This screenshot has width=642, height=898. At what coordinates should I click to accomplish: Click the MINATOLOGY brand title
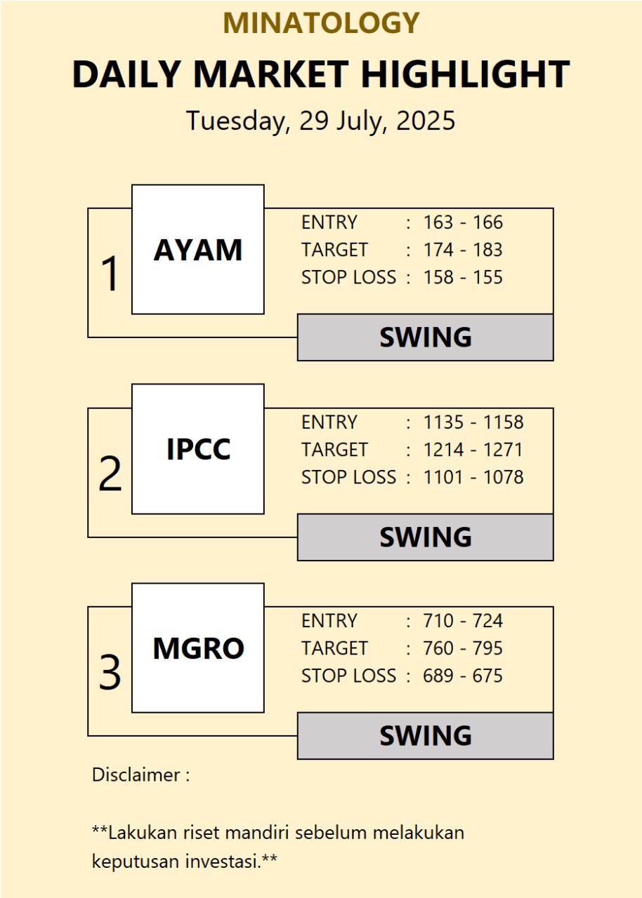pyautogui.click(x=321, y=23)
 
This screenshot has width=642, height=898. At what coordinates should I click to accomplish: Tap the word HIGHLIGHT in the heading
pyautogui.click(x=466, y=74)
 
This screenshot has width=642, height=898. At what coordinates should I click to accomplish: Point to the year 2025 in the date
pyautogui.click(x=426, y=120)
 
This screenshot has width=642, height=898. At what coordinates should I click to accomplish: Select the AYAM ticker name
pyautogui.click(x=198, y=250)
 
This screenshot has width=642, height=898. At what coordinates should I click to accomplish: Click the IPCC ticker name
pyautogui.click(x=199, y=449)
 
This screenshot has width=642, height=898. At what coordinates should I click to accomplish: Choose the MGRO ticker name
pyautogui.click(x=199, y=648)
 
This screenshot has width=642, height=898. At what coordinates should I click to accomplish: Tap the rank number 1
pyautogui.click(x=110, y=274)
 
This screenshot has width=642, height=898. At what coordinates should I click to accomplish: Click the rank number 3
pyautogui.click(x=110, y=672)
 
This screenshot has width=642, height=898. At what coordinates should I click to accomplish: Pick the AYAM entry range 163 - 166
pyautogui.click(x=463, y=222)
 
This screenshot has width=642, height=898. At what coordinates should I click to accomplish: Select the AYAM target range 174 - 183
pyautogui.click(x=463, y=250)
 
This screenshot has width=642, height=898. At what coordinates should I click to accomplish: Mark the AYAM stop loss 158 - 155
pyautogui.click(x=463, y=277)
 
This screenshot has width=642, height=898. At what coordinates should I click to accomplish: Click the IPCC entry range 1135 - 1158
pyautogui.click(x=473, y=422)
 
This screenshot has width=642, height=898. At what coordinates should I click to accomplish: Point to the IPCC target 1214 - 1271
pyautogui.click(x=473, y=450)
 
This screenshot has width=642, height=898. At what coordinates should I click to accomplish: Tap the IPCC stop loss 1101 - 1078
pyautogui.click(x=473, y=477)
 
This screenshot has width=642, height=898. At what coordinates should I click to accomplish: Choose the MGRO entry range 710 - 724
pyautogui.click(x=463, y=621)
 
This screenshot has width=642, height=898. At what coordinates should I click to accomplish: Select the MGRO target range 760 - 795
pyautogui.click(x=463, y=648)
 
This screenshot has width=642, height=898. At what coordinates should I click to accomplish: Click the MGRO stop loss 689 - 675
pyautogui.click(x=463, y=676)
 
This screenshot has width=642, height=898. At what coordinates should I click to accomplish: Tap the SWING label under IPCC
pyautogui.click(x=426, y=537)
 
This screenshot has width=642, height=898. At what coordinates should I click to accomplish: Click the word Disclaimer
pyautogui.click(x=136, y=775)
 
